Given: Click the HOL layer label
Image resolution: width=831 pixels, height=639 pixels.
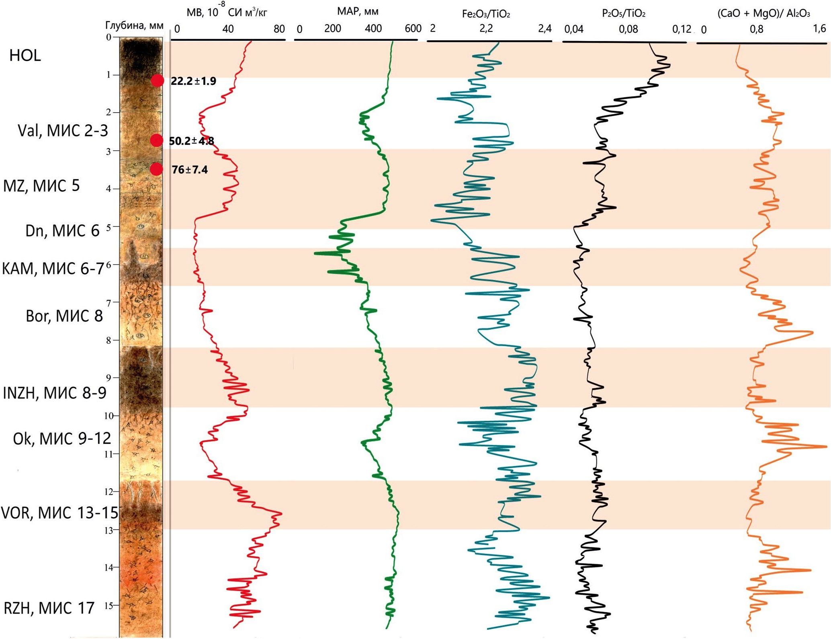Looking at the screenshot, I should pyautogui.click(x=25, y=55).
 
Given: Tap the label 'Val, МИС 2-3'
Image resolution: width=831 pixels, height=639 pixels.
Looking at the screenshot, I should pyautogui.click(x=63, y=131).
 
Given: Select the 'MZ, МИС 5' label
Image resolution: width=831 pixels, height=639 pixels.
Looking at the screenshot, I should pyautogui.click(x=41, y=186).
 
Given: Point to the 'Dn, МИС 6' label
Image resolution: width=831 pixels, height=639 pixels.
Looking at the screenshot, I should pyautogui.click(x=62, y=231).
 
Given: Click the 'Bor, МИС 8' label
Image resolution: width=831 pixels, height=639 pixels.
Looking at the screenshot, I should pyautogui.click(x=64, y=316).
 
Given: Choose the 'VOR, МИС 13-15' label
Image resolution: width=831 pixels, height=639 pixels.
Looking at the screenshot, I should pyautogui.click(x=59, y=513).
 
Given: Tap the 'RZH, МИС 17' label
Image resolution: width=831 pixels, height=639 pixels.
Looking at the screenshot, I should pyautogui.click(x=49, y=608).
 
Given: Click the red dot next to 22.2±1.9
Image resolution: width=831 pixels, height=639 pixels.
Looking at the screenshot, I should pyautogui.click(x=157, y=80).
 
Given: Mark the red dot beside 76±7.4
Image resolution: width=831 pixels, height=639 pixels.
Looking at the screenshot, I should pyautogui.click(x=156, y=169).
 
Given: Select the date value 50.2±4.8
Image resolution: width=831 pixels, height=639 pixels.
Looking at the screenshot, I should pyautogui.click(x=191, y=141).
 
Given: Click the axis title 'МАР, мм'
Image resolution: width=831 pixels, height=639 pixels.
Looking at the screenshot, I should pyautogui.click(x=358, y=12).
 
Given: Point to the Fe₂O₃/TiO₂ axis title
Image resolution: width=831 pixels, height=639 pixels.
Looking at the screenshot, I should pyautogui.click(x=486, y=14).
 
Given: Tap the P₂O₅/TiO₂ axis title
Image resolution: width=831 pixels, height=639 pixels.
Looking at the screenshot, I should pyautogui.click(x=624, y=14).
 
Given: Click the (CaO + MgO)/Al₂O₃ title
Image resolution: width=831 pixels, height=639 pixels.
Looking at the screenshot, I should pyautogui.click(x=763, y=14).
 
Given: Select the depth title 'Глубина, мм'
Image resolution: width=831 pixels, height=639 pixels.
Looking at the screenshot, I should pyautogui.click(x=134, y=26).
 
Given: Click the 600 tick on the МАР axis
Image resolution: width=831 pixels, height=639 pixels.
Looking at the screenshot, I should pyautogui.click(x=413, y=29).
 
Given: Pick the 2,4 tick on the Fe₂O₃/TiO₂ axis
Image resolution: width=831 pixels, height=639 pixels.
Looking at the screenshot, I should pyautogui.click(x=545, y=29).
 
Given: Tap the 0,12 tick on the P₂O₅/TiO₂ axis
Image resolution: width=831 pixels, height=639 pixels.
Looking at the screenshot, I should pyautogui.click(x=682, y=29).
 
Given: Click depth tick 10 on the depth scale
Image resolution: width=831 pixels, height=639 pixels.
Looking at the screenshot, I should pyautogui.click(x=109, y=416).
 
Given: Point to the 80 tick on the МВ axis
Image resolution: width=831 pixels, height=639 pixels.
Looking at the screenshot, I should pyautogui.click(x=279, y=29).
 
